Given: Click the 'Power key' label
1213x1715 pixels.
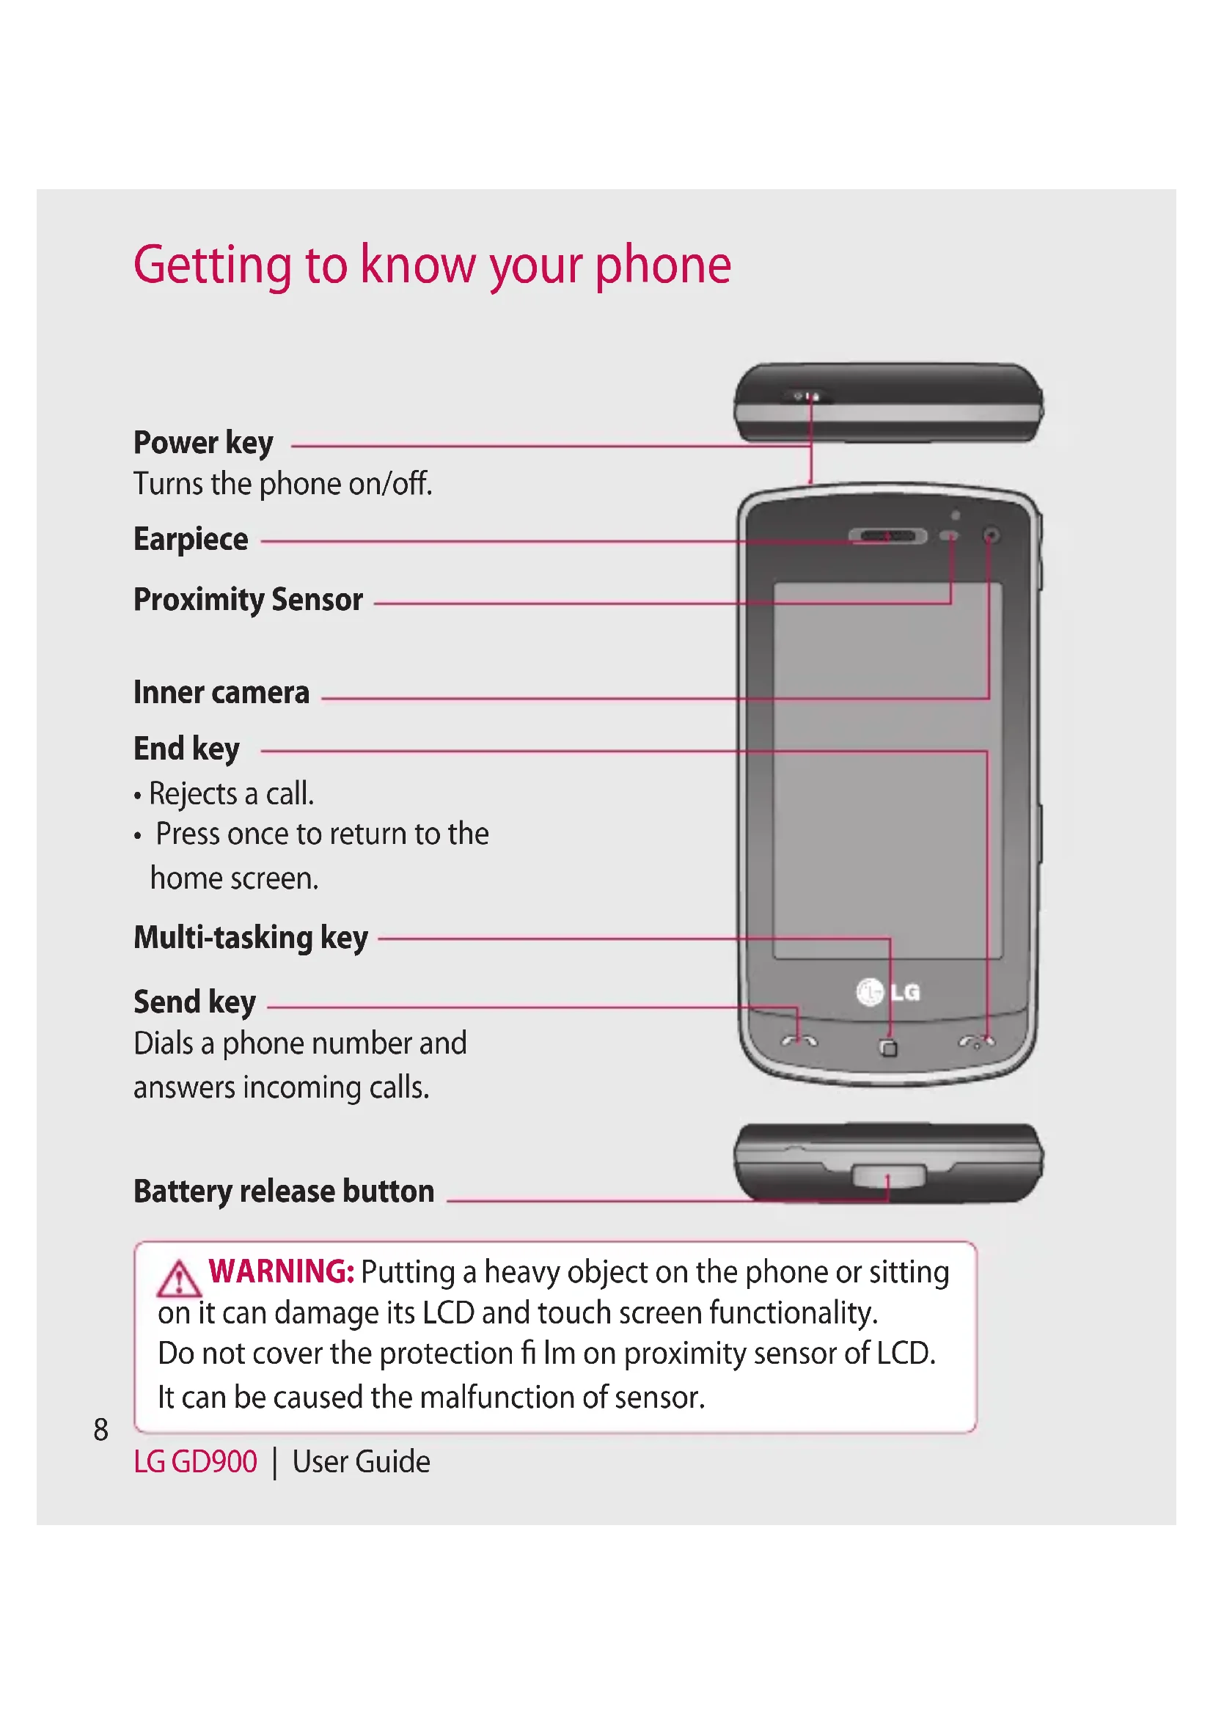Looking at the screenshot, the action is tap(203, 443).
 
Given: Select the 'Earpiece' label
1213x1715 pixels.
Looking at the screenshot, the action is tap(191, 540).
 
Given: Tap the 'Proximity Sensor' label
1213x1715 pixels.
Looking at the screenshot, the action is tap(248, 600).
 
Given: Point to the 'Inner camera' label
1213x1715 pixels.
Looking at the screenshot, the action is tap(221, 693).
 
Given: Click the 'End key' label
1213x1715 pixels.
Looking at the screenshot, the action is tap(187, 749).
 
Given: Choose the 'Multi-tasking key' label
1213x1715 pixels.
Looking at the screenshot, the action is tap(251, 939).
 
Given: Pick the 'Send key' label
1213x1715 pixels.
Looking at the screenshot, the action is tap(195, 1002).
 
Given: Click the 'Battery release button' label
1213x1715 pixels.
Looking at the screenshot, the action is tap(284, 1191).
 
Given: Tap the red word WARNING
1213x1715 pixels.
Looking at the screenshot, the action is tap(281, 1271).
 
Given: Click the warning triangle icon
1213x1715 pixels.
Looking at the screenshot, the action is tap(178, 1279).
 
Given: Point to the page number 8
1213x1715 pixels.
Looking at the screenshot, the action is tap(100, 1430).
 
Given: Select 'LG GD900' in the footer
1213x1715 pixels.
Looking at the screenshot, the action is tap(195, 1462).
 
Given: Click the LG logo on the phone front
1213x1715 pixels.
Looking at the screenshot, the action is tap(888, 992).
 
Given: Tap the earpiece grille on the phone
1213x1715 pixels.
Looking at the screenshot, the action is tap(887, 535).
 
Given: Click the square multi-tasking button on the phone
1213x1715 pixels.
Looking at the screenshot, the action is tap(889, 1049).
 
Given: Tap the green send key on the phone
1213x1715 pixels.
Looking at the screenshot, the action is tap(799, 1041).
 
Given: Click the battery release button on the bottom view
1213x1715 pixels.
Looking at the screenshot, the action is tap(888, 1175).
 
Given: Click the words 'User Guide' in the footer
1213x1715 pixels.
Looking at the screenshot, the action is tap(361, 1462).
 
